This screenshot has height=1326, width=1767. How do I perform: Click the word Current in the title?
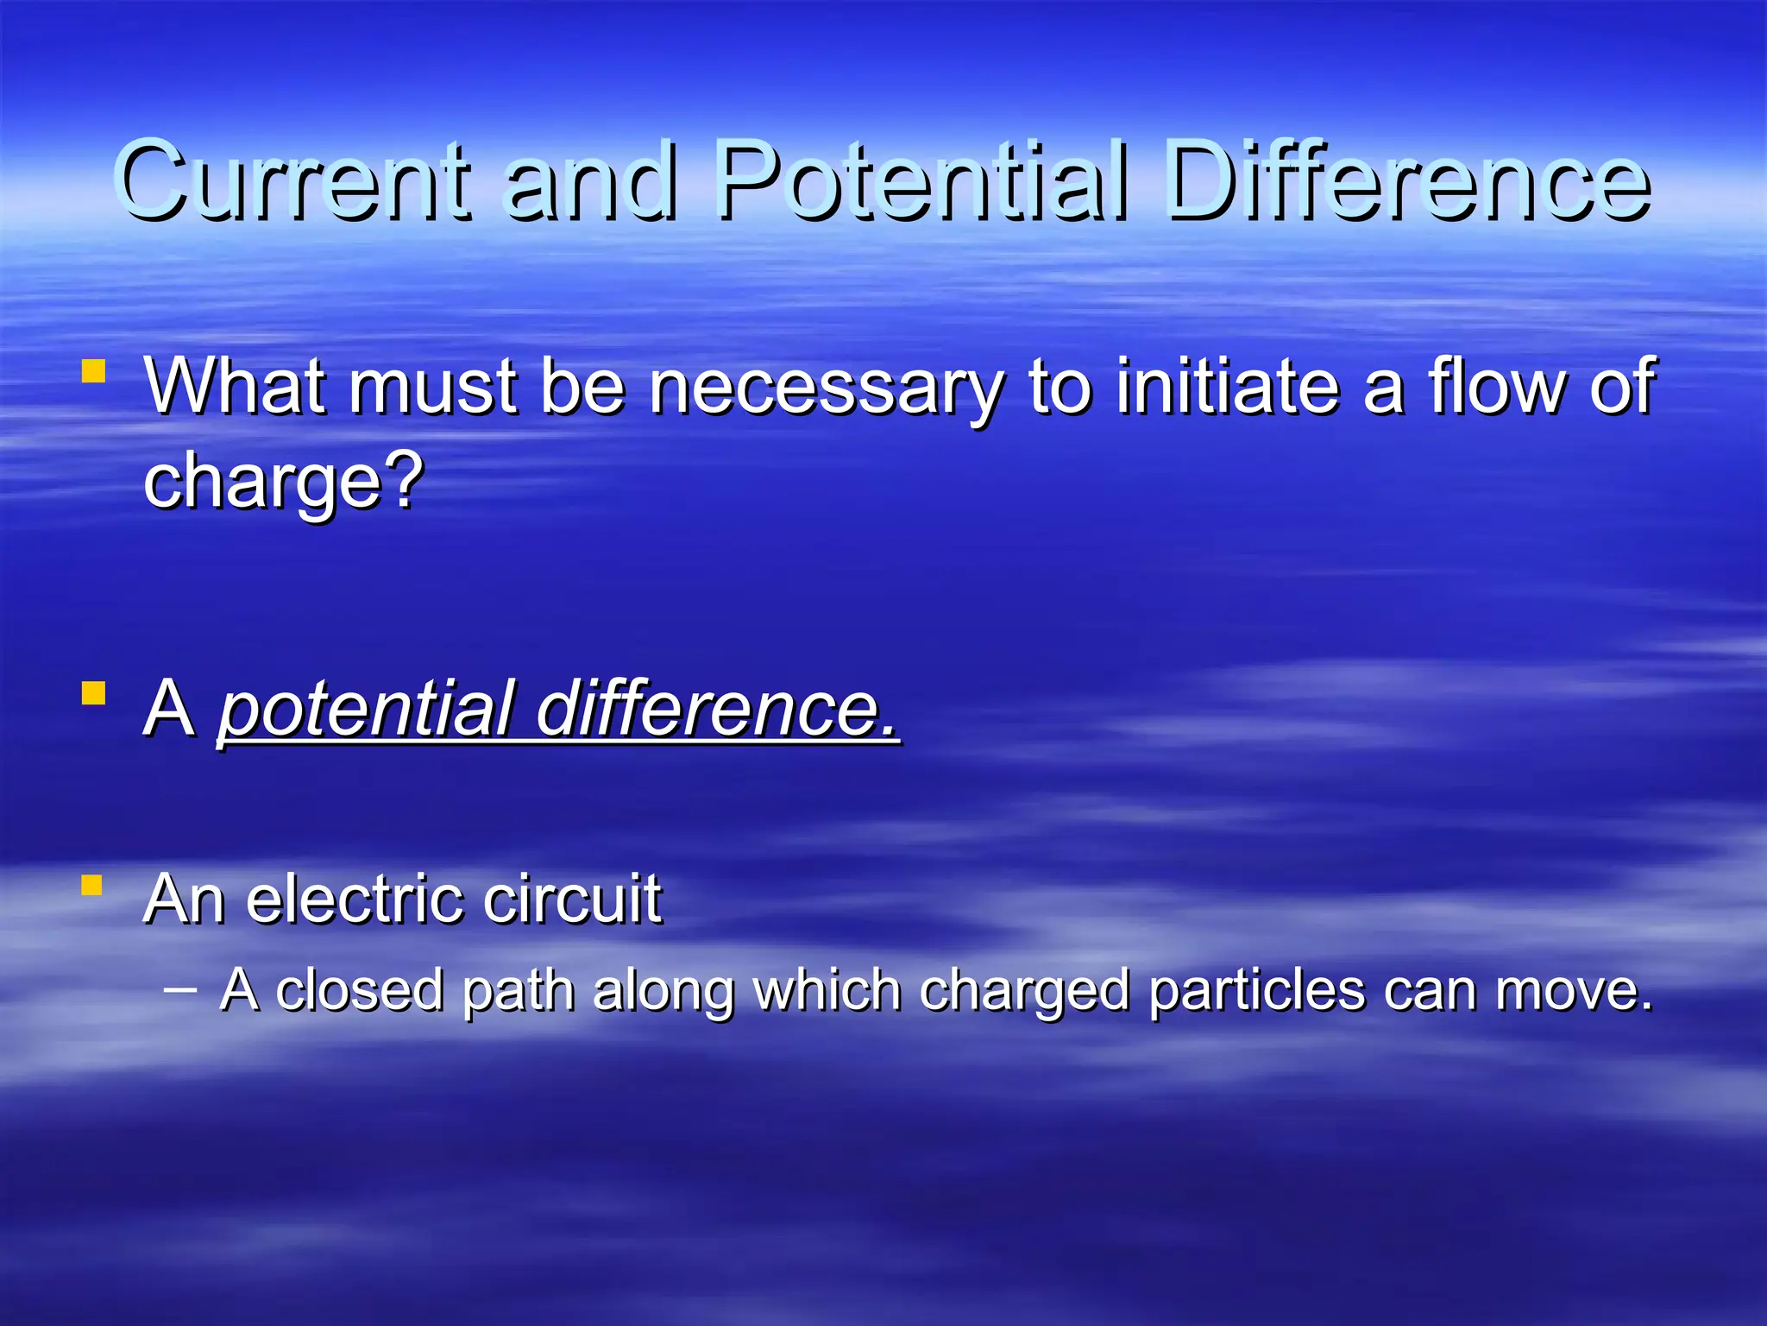293,181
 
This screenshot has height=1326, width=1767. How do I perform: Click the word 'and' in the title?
591,181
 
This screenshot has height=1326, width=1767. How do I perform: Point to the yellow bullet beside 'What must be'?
93,372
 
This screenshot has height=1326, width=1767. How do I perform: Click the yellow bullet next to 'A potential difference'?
93,693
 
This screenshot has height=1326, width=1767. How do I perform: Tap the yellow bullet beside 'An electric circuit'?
93,886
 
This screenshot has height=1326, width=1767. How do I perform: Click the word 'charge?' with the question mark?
284,483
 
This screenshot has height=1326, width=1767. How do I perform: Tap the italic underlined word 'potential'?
367,710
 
